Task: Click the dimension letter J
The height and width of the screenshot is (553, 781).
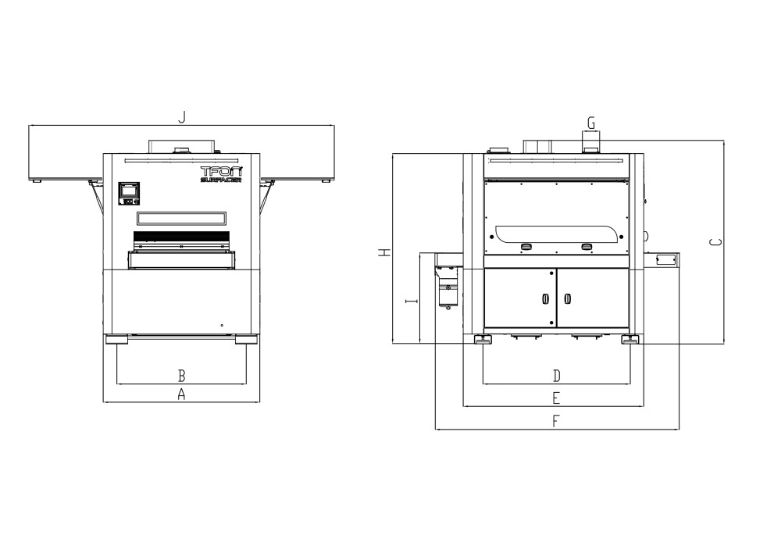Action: click(182, 117)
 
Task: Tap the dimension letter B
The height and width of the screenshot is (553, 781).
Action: click(182, 375)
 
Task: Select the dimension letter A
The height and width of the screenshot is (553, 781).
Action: click(181, 394)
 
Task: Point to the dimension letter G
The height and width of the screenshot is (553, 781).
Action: click(591, 123)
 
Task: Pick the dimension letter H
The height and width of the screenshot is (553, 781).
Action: click(384, 252)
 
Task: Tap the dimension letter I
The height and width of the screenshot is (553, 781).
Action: click(412, 301)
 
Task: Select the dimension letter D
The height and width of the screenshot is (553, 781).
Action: click(557, 376)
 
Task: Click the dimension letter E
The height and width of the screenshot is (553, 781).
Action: click(556, 398)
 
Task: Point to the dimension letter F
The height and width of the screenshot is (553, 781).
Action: click(556, 421)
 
